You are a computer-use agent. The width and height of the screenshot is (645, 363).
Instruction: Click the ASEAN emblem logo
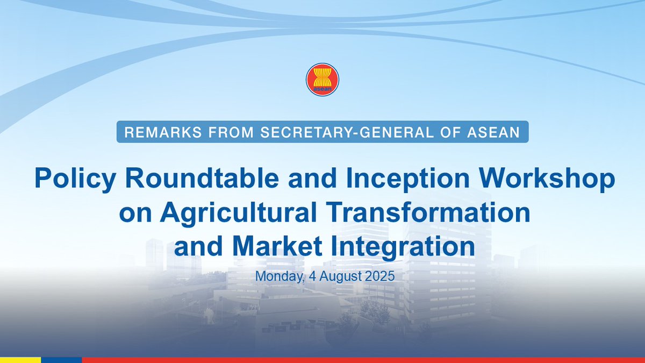click(x=322, y=80)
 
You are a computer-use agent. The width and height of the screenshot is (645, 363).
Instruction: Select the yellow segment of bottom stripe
click(x=20, y=360)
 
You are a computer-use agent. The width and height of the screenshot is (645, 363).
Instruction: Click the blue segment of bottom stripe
click(x=61, y=360)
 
